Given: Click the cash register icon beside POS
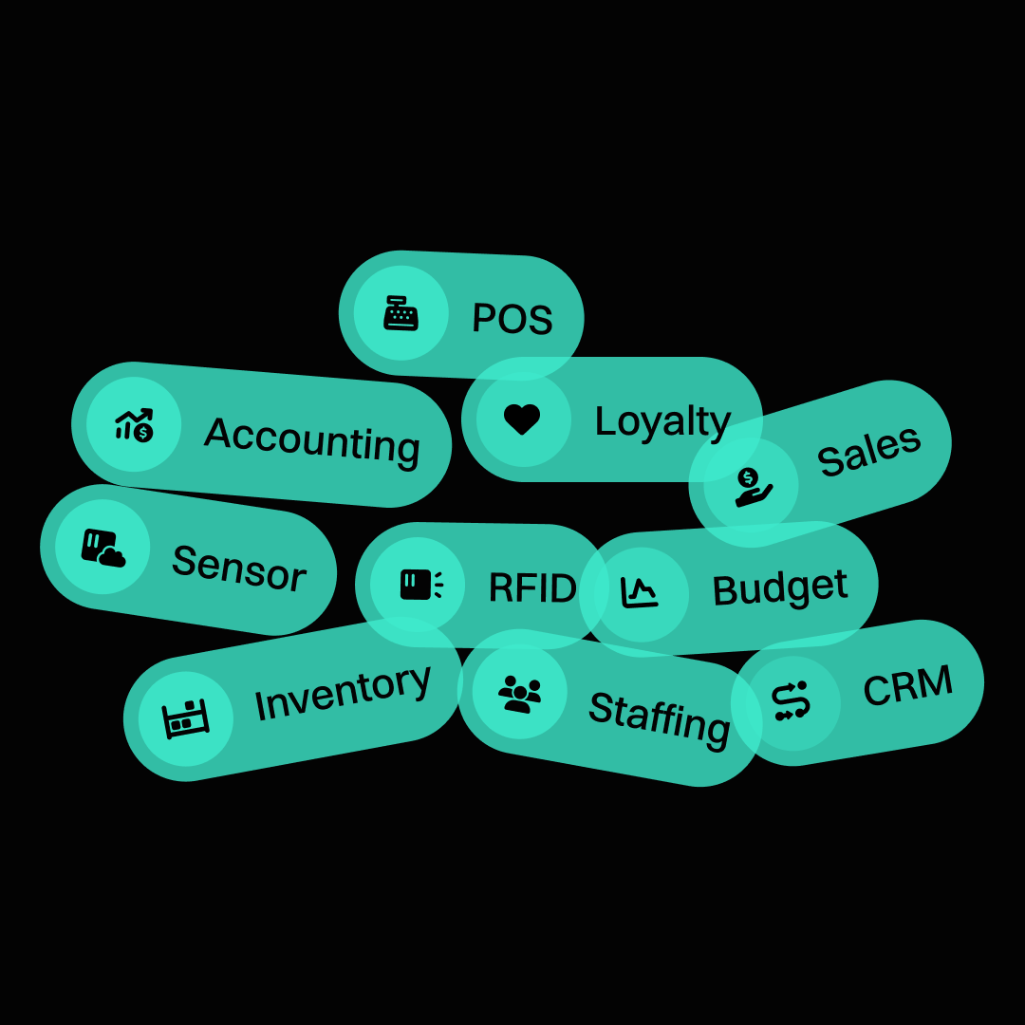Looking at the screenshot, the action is [x=401, y=313].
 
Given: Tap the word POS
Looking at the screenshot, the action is [x=512, y=319].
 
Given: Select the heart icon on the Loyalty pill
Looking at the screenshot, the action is [x=522, y=419].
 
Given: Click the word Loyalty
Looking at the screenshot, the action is [x=662, y=421].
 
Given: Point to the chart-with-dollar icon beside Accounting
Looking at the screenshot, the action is [x=134, y=424].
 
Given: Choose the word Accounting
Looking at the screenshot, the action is [x=312, y=439].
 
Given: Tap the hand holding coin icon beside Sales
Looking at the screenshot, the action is [x=752, y=486].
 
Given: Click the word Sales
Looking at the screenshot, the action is [x=868, y=451].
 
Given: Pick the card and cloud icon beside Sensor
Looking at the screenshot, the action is [x=102, y=548].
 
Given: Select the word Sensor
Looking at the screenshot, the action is [x=238, y=568].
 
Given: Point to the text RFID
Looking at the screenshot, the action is [x=531, y=588].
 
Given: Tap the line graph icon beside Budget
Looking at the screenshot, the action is [x=640, y=593].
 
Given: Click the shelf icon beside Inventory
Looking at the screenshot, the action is [x=185, y=718].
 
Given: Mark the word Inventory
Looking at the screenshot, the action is [x=343, y=692].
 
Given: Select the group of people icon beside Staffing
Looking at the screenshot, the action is [x=520, y=693].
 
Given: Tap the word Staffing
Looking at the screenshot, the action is [x=660, y=717].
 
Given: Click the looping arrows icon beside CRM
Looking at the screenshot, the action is [x=791, y=701].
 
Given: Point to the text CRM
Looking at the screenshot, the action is [x=907, y=685].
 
